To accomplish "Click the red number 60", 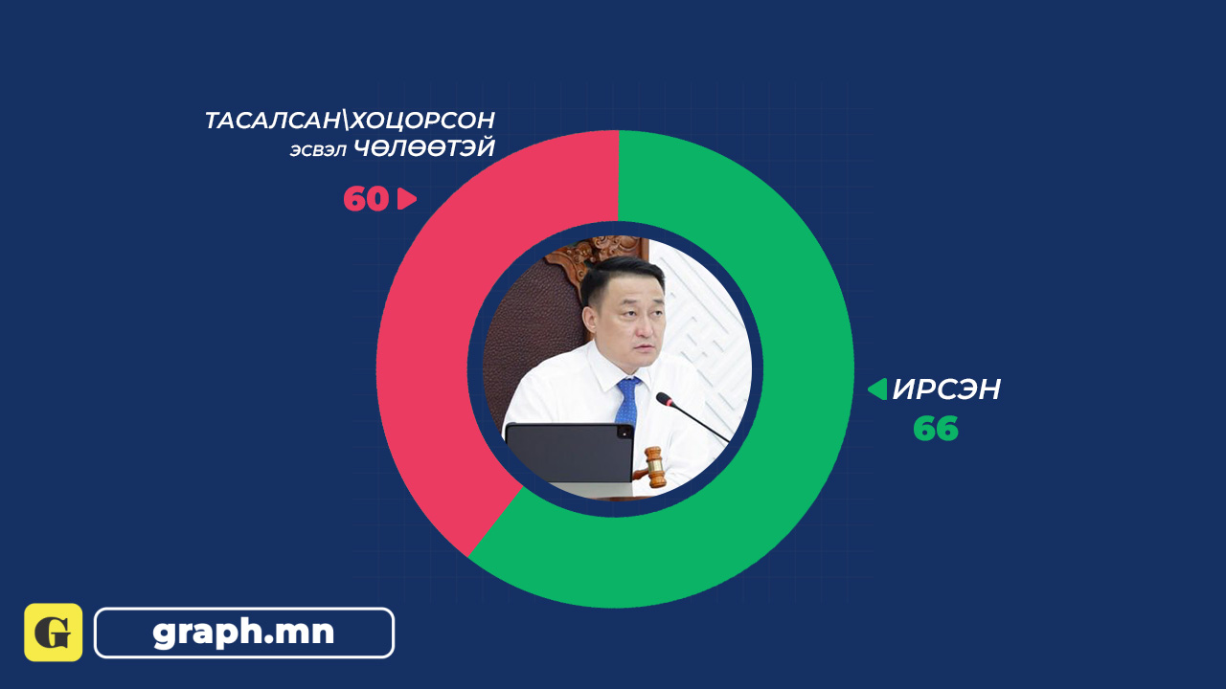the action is point(366,198).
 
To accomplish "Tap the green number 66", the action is point(936,428).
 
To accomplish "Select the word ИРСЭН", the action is point(946,389).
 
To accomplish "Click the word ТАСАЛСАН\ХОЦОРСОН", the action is point(350,121).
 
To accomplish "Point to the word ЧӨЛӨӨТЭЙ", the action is point(424,148).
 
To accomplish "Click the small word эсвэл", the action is point(318,150).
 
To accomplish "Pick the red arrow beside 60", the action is point(407,198).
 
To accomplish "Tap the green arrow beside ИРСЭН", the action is point(877,389).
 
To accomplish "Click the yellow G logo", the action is point(53,633).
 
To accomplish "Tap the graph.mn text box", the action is point(244,633).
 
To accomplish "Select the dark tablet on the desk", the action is point(569,454).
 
